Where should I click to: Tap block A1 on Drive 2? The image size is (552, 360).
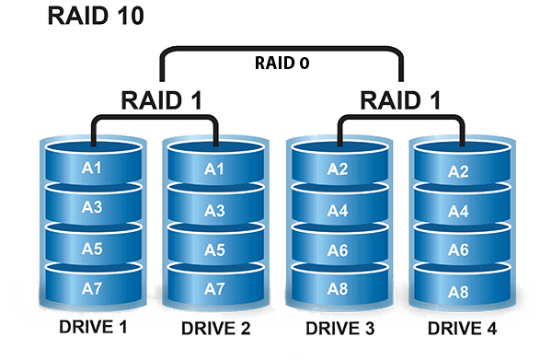pos(213,168)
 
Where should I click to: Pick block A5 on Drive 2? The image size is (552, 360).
pos(213,250)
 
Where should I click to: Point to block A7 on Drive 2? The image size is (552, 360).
pos(213,289)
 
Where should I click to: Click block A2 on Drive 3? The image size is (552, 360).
pos(338,168)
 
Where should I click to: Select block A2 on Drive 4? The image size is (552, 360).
pos(458,171)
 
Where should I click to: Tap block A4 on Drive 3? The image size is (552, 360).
pos(338,210)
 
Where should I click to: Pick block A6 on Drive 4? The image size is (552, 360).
pos(458,250)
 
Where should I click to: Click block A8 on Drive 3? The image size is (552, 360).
pos(338,289)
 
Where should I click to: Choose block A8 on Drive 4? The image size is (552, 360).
pos(458,291)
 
